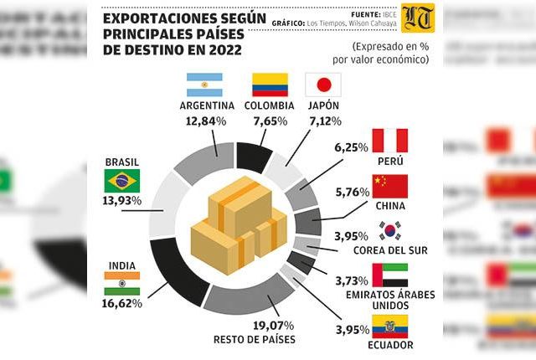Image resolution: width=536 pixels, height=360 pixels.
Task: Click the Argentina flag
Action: (x=204, y=85)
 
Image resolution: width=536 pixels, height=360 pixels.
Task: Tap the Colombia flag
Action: (x=270, y=85)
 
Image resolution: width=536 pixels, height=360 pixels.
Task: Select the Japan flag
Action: (x=322, y=85)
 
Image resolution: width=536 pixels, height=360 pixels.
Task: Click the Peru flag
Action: (x=389, y=140)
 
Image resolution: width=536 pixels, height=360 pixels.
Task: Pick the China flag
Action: (x=389, y=186)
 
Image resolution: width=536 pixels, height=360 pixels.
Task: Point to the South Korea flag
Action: (x=389, y=230)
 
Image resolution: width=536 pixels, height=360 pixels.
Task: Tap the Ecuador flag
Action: (x=389, y=326)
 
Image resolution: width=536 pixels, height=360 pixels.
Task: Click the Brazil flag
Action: (x=122, y=181)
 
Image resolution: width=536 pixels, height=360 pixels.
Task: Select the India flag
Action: (x=122, y=283)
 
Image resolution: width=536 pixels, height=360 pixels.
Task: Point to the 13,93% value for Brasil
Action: (x=123, y=201)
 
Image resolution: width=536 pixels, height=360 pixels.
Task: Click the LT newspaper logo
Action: (x=419, y=18)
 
